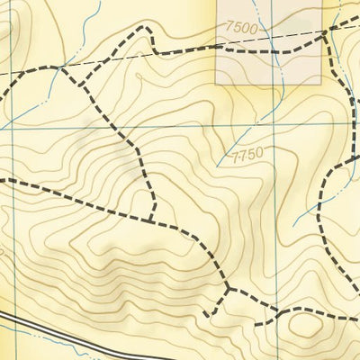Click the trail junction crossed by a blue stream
click(61, 67)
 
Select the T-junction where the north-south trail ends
click(149, 220)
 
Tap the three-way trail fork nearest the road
click(229, 289)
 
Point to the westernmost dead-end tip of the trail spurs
click(205, 314)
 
